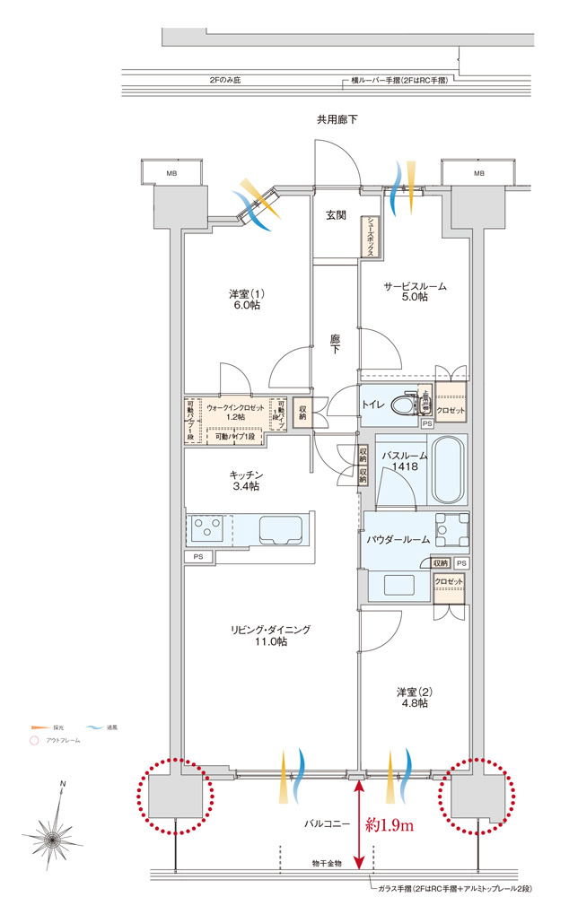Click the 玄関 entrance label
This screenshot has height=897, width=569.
(x=336, y=214)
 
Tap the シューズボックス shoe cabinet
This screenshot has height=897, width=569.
(x=368, y=239)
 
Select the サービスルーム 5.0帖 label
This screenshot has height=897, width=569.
(x=415, y=292)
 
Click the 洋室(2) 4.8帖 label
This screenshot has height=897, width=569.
(x=413, y=697)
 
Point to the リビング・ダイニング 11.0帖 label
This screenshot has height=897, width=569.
(x=269, y=636)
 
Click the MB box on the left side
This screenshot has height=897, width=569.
(x=171, y=173)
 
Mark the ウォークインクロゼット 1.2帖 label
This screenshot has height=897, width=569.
(x=235, y=412)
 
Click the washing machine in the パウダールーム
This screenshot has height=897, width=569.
(x=451, y=530)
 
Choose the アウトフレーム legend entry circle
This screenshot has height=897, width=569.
(x=34, y=741)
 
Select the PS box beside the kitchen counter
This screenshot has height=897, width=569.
(x=197, y=556)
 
